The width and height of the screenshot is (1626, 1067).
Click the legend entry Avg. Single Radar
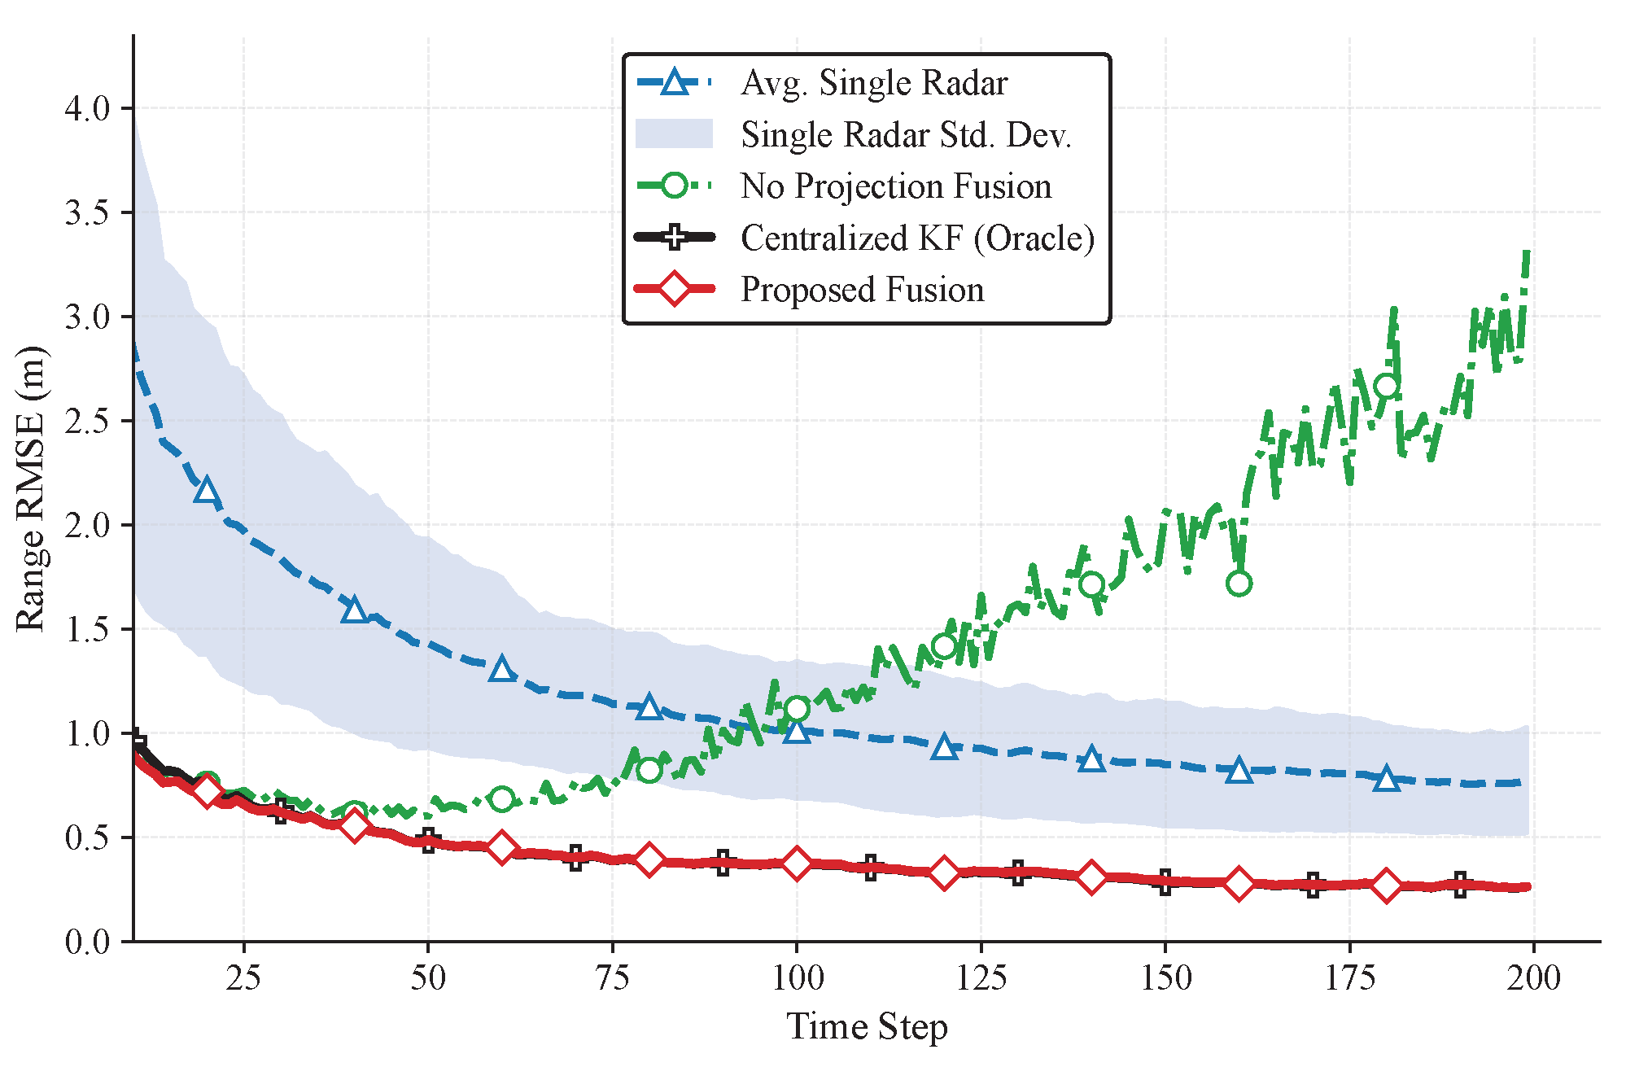coord(874,83)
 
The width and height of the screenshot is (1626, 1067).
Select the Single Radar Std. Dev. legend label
coord(906,134)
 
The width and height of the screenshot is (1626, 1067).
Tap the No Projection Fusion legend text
coord(896,186)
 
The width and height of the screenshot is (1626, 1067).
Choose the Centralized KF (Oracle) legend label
coord(918,238)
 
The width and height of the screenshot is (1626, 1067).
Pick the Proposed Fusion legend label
coord(863,290)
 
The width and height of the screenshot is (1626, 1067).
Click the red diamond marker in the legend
coord(675,289)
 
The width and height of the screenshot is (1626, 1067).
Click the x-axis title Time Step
coord(867,1027)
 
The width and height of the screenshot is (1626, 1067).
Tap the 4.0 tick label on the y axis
coord(87,108)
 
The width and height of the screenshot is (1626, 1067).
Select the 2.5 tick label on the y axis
coord(87,421)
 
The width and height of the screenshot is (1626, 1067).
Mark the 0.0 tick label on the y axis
coord(87,942)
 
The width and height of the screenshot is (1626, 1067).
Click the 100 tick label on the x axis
coord(797,977)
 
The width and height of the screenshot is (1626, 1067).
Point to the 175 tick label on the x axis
coord(1350,977)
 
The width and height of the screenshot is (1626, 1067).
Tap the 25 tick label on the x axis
coord(243,977)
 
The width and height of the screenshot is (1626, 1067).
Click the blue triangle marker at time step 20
coord(207,492)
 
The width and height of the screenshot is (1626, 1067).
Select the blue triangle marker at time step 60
coord(502,669)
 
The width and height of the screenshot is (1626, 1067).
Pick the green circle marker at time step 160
coord(1239,584)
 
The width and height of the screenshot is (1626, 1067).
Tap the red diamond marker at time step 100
coord(797,863)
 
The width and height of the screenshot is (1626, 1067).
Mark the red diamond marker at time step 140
coord(1091,877)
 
